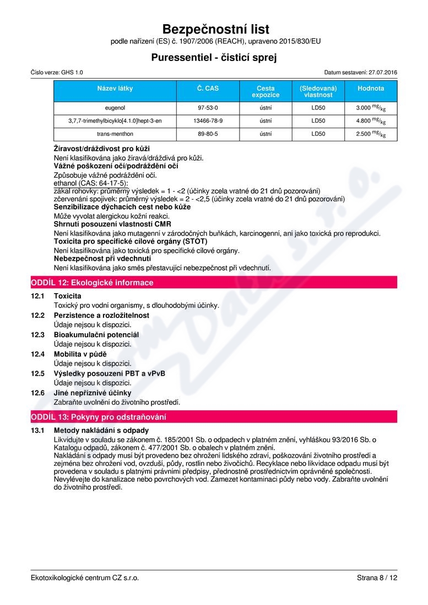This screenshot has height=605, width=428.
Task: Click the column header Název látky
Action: (x=115, y=88)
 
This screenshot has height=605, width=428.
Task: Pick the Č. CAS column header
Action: (x=208, y=88)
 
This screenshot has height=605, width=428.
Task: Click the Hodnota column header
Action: (x=371, y=88)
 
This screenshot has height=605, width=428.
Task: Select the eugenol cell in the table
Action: (x=115, y=108)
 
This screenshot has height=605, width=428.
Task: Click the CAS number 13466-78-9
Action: (x=208, y=120)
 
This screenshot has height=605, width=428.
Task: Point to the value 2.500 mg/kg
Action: (x=371, y=134)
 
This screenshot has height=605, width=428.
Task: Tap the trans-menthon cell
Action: (x=115, y=134)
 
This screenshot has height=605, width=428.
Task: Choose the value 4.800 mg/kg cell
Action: (x=371, y=120)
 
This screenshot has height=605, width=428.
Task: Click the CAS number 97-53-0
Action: (x=208, y=108)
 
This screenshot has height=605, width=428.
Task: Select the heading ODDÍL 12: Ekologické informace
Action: (x=92, y=283)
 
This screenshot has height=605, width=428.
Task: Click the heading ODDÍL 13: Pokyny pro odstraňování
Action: (x=98, y=417)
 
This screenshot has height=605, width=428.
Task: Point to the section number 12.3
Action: (x=37, y=334)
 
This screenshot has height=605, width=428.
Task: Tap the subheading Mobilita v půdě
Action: (x=80, y=354)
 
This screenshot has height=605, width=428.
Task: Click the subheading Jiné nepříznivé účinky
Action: (x=93, y=393)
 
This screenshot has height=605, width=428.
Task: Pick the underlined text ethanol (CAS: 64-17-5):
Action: (x=90, y=183)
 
